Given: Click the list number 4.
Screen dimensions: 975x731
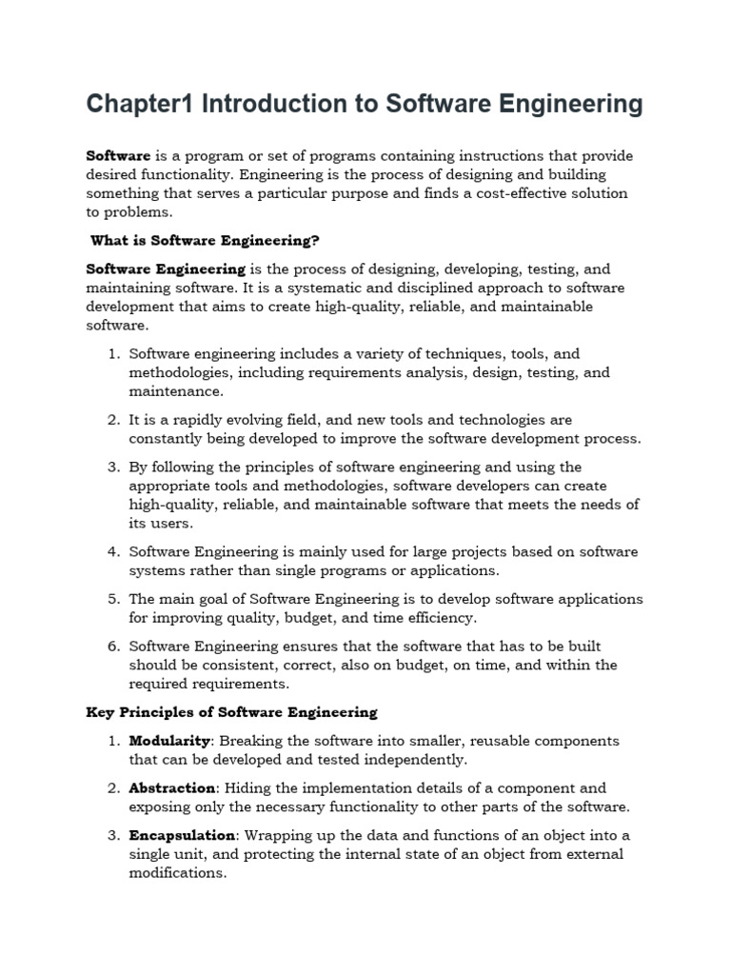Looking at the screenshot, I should point(112,552).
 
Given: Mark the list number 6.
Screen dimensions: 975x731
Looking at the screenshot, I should point(112,647).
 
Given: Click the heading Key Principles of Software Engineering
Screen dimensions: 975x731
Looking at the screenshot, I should point(232,712).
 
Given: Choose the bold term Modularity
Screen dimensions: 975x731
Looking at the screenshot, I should point(169,741).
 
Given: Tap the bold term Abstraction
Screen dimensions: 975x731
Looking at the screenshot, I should point(173,788).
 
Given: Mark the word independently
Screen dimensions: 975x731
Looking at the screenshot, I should point(419,760).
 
